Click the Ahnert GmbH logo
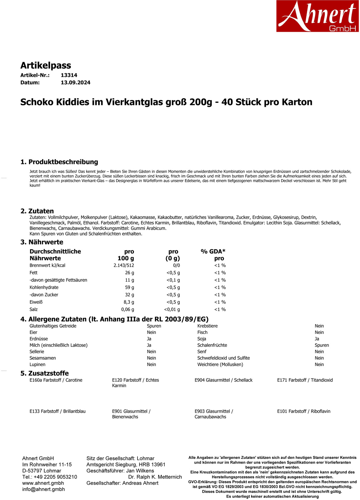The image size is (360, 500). tap(317, 16)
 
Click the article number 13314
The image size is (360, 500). tap(69, 75)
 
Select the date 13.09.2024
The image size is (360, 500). tap(75, 82)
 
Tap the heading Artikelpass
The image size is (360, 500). tap(46, 65)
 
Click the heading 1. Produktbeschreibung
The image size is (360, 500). tap(59, 162)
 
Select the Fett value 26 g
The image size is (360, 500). tap(129, 273)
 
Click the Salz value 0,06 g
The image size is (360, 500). tap(127, 310)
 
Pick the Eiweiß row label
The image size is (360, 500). tap(36, 302)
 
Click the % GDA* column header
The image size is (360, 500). tap(213, 251)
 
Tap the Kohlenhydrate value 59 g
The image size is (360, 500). tap(129, 287)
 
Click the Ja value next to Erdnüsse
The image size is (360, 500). tap(149, 339)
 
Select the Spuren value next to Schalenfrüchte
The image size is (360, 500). tap(321, 345)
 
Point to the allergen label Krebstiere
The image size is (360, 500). tap(207, 326)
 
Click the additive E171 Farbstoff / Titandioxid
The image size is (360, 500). tap(305, 380)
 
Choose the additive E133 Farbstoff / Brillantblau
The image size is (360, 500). tap(57, 411)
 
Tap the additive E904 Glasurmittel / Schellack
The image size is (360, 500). tap(223, 380)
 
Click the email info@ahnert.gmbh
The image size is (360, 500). tap(44, 489)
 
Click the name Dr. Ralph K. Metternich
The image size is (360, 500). tap(155, 477)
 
